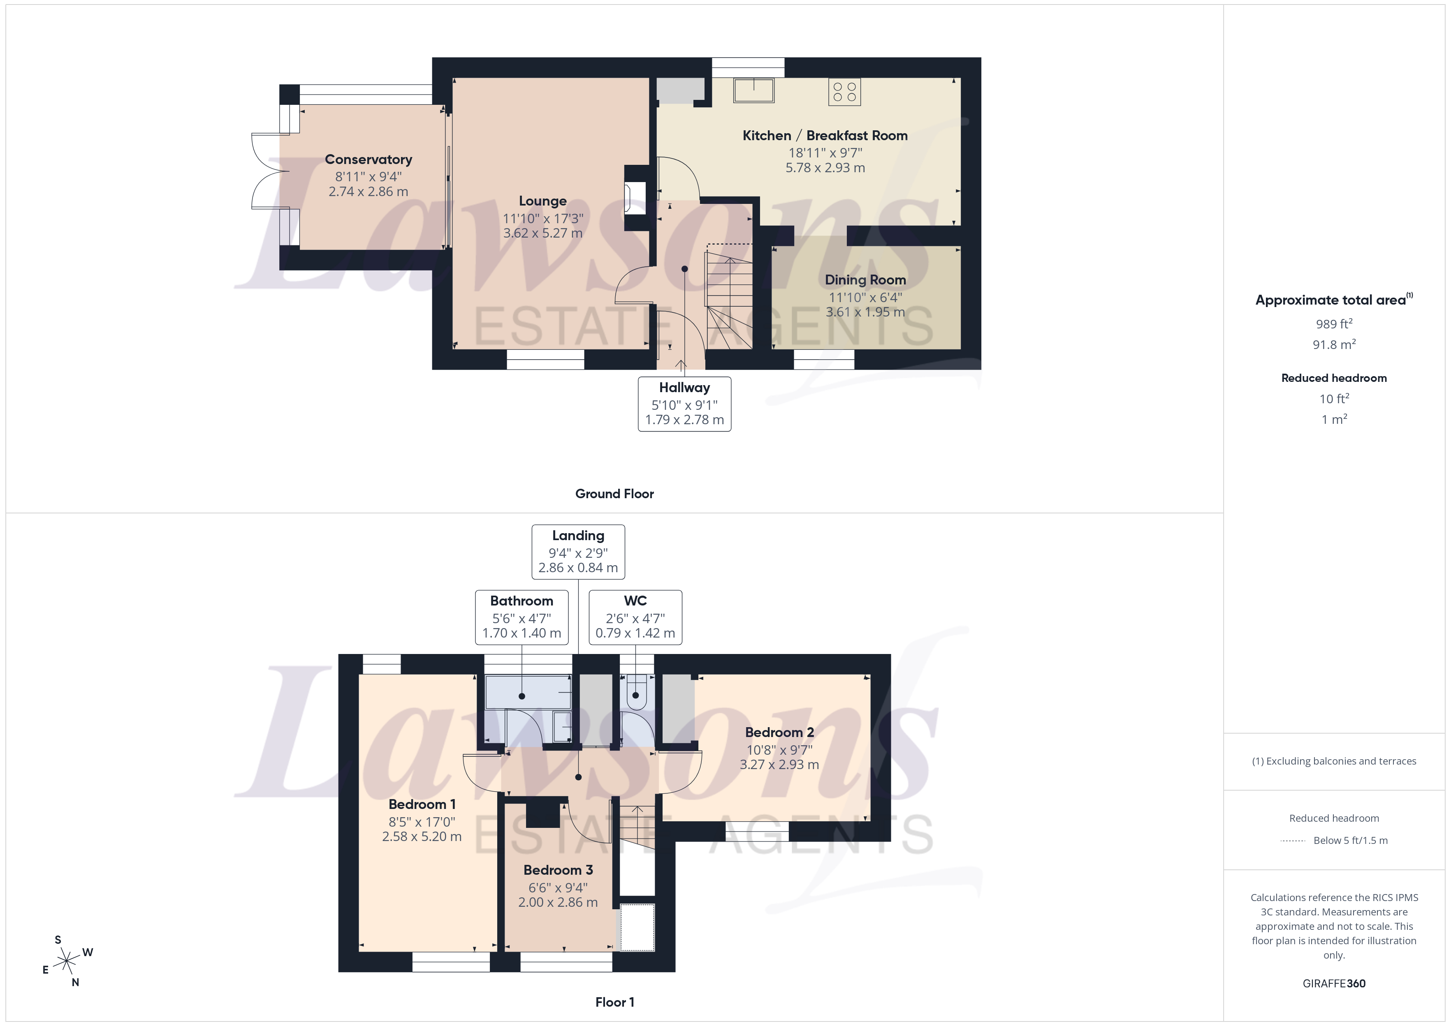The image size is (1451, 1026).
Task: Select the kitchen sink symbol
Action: (753, 90)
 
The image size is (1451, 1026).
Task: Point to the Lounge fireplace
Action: (635, 198)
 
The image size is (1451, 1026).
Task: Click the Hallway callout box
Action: (684, 404)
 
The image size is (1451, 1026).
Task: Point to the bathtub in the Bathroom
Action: (528, 692)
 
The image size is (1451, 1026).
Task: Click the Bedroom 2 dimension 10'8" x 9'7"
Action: (779, 750)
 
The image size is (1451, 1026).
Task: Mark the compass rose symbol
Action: (66, 961)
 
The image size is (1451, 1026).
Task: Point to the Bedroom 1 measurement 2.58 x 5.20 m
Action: (422, 837)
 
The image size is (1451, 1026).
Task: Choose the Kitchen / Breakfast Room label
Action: (824, 136)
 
